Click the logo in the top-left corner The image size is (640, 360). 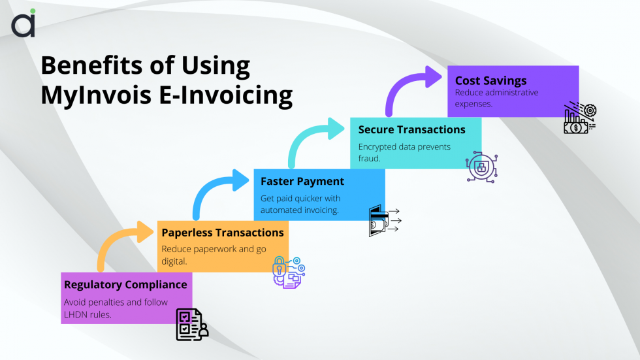[x=24, y=24]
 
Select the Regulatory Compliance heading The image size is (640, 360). [x=125, y=284]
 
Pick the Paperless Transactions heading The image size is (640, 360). [x=223, y=232]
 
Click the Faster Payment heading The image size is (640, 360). [x=302, y=181]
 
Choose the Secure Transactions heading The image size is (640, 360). [x=412, y=129]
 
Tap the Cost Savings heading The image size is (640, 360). [x=491, y=80]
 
